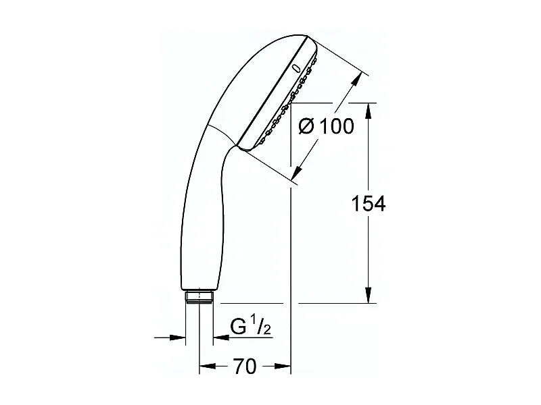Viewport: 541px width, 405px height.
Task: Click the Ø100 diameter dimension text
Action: click(326, 126)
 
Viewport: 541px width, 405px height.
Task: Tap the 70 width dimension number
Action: click(244, 367)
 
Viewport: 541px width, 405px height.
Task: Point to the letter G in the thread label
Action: click(238, 329)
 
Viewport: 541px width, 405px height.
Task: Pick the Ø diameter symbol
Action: click(306, 126)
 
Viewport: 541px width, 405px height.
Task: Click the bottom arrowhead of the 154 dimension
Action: click(368, 296)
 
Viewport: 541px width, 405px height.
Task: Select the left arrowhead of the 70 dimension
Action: click(205, 367)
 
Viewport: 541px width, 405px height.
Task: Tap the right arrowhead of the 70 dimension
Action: click(285, 367)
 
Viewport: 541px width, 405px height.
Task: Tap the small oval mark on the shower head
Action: click(296, 68)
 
